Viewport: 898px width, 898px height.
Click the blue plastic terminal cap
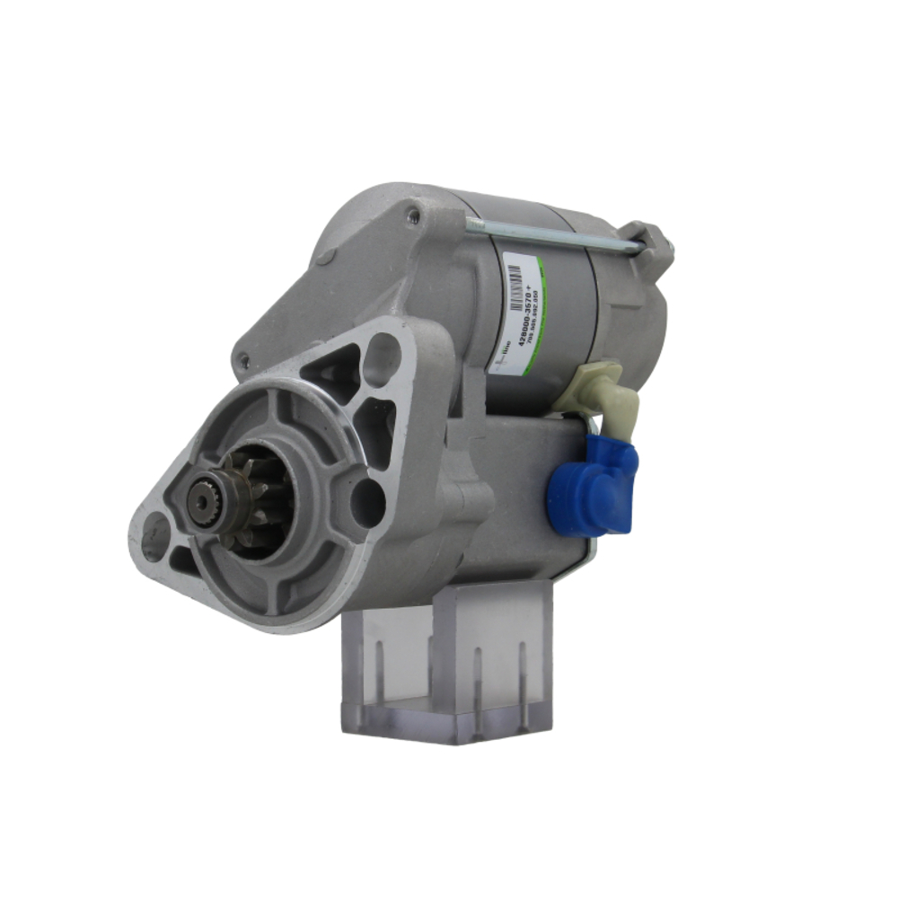pos(593,489)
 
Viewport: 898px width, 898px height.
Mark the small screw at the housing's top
pos(412,215)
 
